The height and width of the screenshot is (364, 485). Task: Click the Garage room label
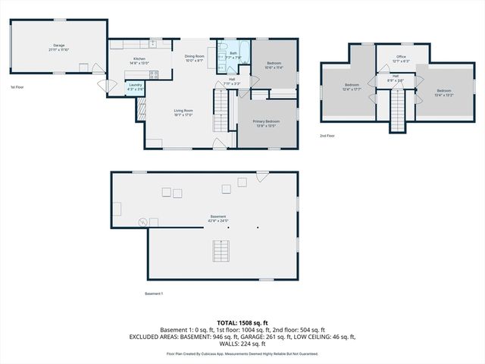point(58,46)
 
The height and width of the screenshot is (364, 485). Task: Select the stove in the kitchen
point(155,74)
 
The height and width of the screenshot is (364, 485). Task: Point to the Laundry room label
point(136,86)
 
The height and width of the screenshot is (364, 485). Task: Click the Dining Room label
point(195,58)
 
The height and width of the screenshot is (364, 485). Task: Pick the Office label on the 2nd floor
point(402,58)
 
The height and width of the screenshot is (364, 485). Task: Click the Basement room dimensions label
point(218,219)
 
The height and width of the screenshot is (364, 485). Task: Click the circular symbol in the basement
point(142,222)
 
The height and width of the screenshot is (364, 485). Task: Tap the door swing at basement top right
point(262,177)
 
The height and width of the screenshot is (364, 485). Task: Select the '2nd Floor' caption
point(327,136)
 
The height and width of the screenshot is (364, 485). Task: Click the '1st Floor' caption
point(17,87)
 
